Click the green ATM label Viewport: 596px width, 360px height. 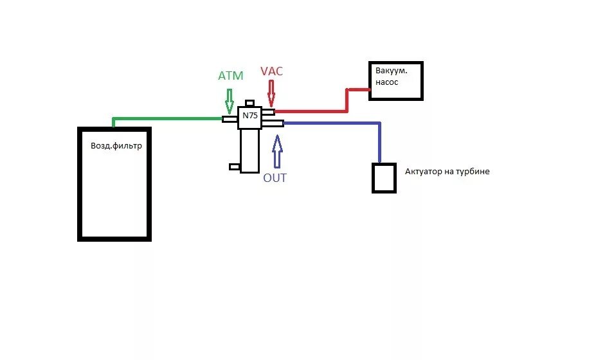pyautogui.click(x=230, y=76)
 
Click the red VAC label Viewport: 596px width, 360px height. pyautogui.click(x=271, y=71)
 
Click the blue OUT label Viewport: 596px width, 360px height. pyautogui.click(x=275, y=177)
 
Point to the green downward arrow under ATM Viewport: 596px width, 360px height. pyautogui.click(x=230, y=100)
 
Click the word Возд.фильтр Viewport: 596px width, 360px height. pyautogui.click(x=116, y=146)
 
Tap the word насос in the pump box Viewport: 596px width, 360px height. pyautogui.click(x=388, y=82)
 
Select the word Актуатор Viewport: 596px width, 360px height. pyautogui.click(x=426, y=172)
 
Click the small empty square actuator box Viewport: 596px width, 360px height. pyautogui.click(x=384, y=177)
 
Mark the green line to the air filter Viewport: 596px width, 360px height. pyautogui.click(x=167, y=118)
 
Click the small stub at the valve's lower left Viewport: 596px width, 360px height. pyautogui.click(x=235, y=166)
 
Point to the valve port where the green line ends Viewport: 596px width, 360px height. pyautogui.click(x=230, y=118)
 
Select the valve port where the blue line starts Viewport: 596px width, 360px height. pyautogui.click(x=273, y=123)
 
